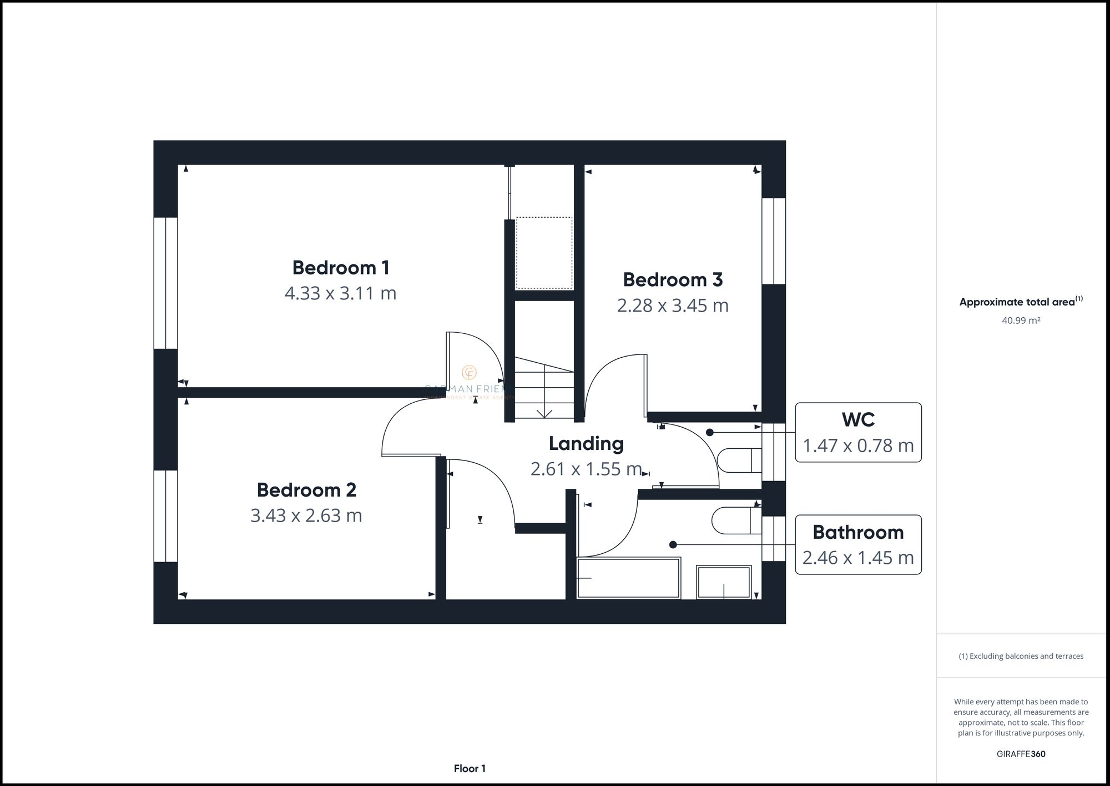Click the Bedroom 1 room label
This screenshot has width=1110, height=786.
coord(340,268)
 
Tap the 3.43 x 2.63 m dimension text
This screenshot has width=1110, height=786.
coord(306,515)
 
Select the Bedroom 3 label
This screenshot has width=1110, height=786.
coord(672,279)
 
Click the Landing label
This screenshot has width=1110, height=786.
coord(586,443)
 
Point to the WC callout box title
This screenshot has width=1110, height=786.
coord(858,420)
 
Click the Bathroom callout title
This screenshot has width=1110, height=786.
coord(858,532)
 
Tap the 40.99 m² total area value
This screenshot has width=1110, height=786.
coord(1021,321)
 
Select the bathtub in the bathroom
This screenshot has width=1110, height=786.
coord(628,578)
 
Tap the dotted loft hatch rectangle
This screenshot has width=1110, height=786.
coord(544,253)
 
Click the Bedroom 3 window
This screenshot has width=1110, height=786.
coord(774,241)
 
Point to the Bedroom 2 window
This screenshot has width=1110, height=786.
coord(165,516)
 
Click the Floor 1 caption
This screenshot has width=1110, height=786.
coord(470,769)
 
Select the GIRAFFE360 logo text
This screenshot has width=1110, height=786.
coord(1021,754)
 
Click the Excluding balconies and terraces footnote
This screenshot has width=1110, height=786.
coord(1021,656)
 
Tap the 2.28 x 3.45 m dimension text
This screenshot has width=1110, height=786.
coord(672,306)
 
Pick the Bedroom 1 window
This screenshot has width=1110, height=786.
coord(165,283)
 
